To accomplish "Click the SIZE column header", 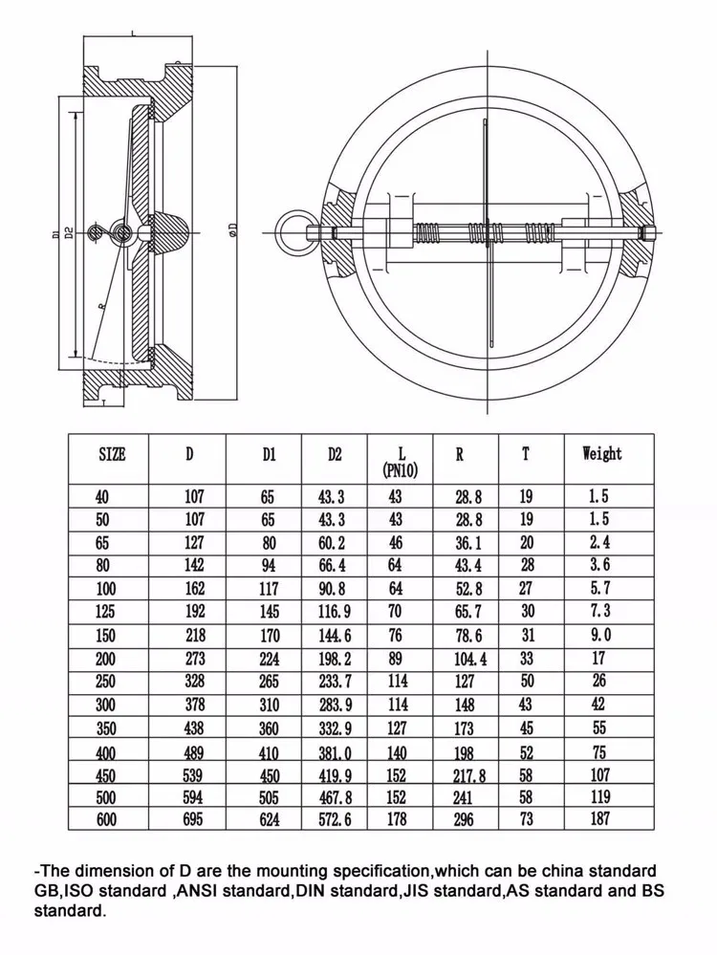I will pyautogui.click(x=112, y=455).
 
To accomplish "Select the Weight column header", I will pyautogui.click(x=601, y=454).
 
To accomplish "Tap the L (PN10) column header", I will pyautogui.click(x=395, y=462).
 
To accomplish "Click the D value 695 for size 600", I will pyautogui.click(x=194, y=819).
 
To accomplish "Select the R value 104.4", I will pyautogui.click(x=469, y=659).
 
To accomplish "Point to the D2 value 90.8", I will pyautogui.click(x=332, y=589).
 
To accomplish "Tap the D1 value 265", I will pyautogui.click(x=269, y=682).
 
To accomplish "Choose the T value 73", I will pyautogui.click(x=527, y=819).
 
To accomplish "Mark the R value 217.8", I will pyautogui.click(x=469, y=776).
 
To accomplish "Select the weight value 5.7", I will pyautogui.click(x=600, y=589).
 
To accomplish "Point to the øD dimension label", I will pyautogui.click(x=232, y=229).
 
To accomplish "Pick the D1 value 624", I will pyautogui.click(x=269, y=819).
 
